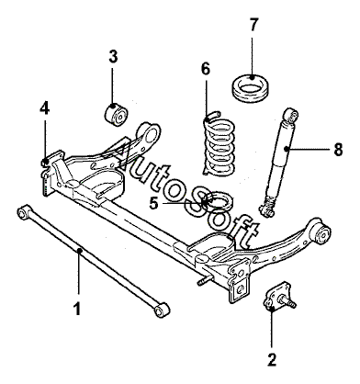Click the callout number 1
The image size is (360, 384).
click(77, 309)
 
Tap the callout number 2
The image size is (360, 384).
click(272, 359)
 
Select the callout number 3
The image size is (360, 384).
click(113, 57)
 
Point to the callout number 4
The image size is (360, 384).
click(45, 108)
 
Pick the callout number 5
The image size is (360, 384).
click(154, 203)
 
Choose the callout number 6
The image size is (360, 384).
click(206, 69)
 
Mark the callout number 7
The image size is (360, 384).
click(253, 25)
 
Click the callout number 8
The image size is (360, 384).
click(338, 150)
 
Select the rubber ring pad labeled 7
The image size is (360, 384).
click(250, 87)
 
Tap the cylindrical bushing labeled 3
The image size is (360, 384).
click(116, 115)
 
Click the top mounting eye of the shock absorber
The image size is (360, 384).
click(291, 115)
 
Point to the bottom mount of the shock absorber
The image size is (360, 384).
click(267, 209)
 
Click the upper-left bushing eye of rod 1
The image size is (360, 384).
click(24, 212)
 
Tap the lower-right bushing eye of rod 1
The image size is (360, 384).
click(162, 310)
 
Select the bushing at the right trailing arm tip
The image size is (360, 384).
click(323, 234)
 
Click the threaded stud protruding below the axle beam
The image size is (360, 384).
click(204, 280)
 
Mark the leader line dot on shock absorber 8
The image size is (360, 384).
click(287, 149)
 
